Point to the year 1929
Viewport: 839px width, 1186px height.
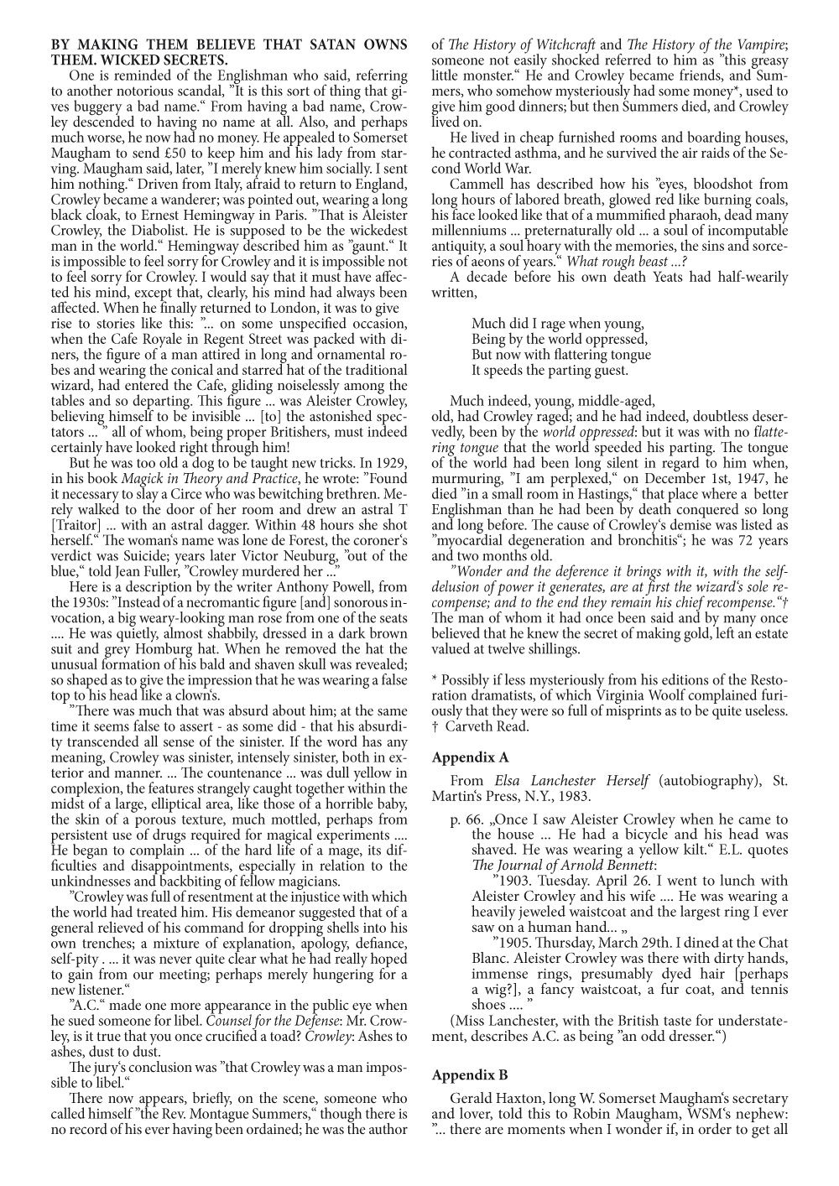pos(388,464)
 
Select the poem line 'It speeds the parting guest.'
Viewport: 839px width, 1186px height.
pos(550,370)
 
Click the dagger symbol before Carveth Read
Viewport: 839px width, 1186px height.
pos(435,727)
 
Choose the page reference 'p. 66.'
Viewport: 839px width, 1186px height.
pos(466,819)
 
